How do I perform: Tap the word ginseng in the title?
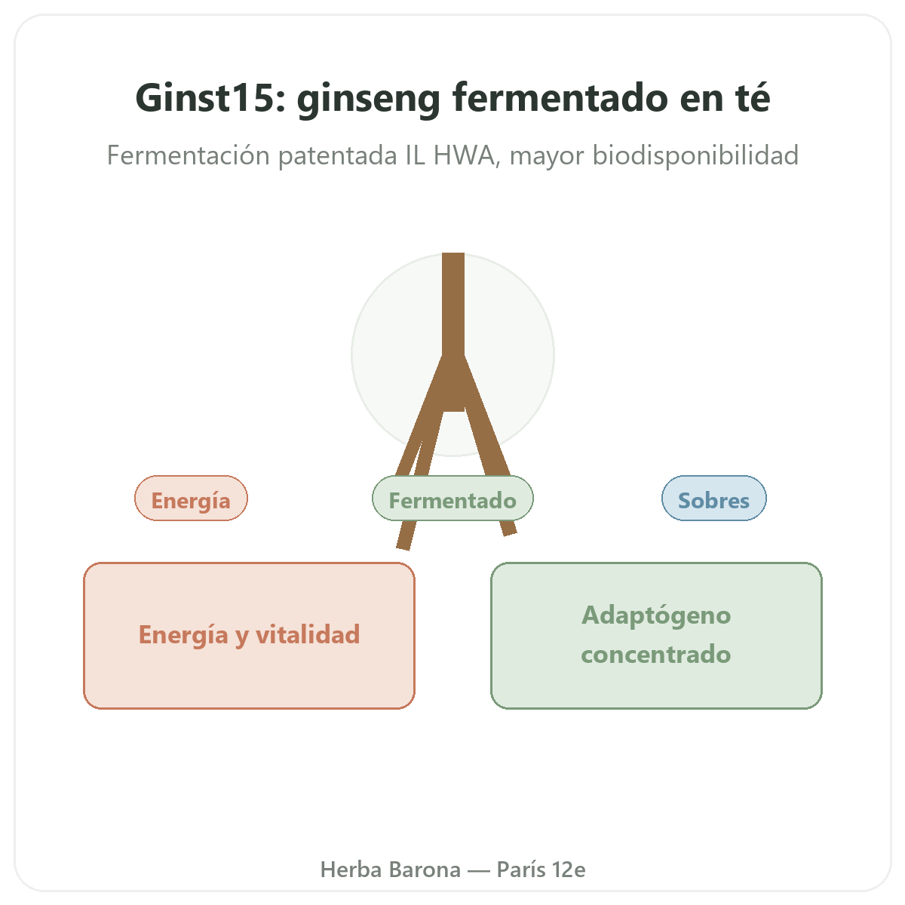(368, 100)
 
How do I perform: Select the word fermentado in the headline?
(560, 98)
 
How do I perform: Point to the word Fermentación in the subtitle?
(189, 155)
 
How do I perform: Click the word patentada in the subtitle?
(338, 156)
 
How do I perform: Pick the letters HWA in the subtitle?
(464, 155)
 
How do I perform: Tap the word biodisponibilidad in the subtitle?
(695, 155)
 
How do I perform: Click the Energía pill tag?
(191, 499)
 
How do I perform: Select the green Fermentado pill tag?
(452, 499)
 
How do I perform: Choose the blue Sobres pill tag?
(714, 499)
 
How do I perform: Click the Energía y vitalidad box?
(249, 636)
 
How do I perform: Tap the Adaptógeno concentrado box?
(656, 636)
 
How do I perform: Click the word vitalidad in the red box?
(308, 634)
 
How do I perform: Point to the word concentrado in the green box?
(655, 655)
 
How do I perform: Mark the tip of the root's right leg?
(510, 533)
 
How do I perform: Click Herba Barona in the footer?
(390, 870)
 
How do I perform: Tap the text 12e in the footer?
(569, 870)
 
